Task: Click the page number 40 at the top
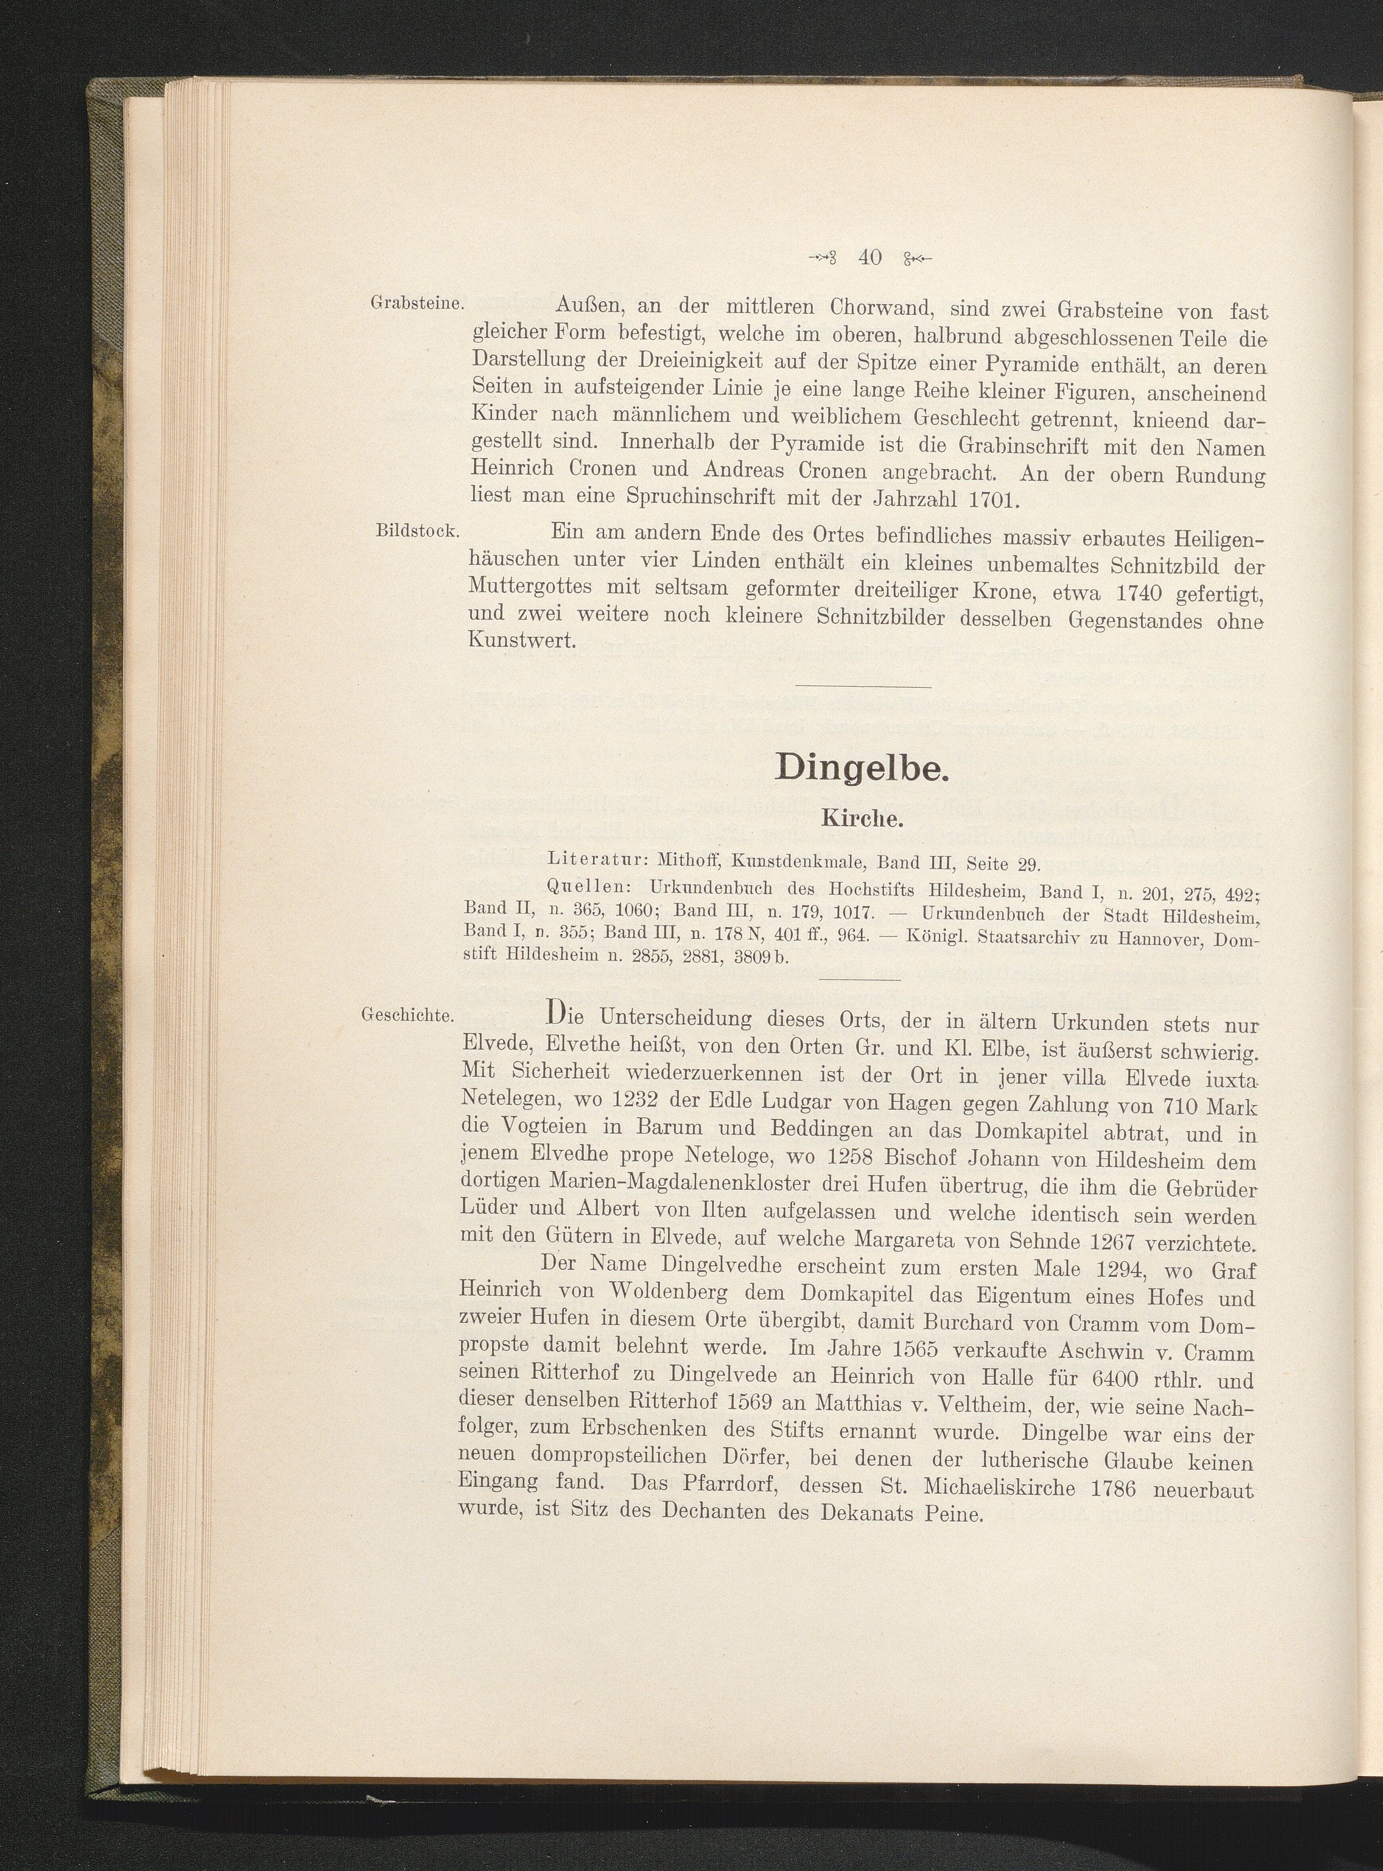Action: coord(870,258)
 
